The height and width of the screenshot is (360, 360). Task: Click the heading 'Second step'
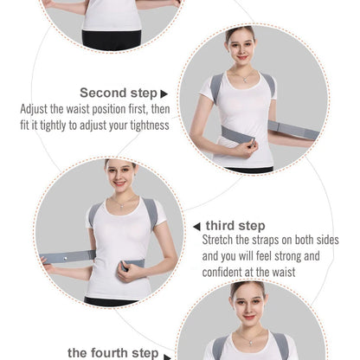coord(119,93)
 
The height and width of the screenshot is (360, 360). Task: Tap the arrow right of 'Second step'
coord(164,93)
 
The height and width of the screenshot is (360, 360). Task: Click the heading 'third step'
coord(235,226)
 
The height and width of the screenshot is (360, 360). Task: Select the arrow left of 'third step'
coord(196,226)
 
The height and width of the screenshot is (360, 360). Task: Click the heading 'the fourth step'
coord(112,352)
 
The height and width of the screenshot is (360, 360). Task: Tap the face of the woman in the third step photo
coord(121,176)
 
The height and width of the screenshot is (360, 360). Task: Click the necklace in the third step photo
coord(123,204)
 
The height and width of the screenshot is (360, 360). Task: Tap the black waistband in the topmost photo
coord(111,39)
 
